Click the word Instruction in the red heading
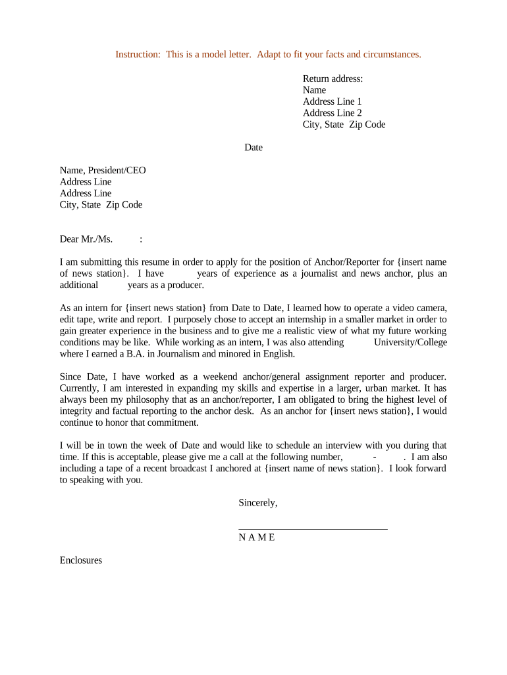tap(136, 54)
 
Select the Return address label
tap(333, 78)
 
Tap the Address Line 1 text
tap(332, 102)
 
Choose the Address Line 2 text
tap(332, 113)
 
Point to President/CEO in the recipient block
tap(122, 170)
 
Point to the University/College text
tap(410, 342)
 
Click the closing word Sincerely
tap(257, 503)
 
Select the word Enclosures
tap(81, 560)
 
